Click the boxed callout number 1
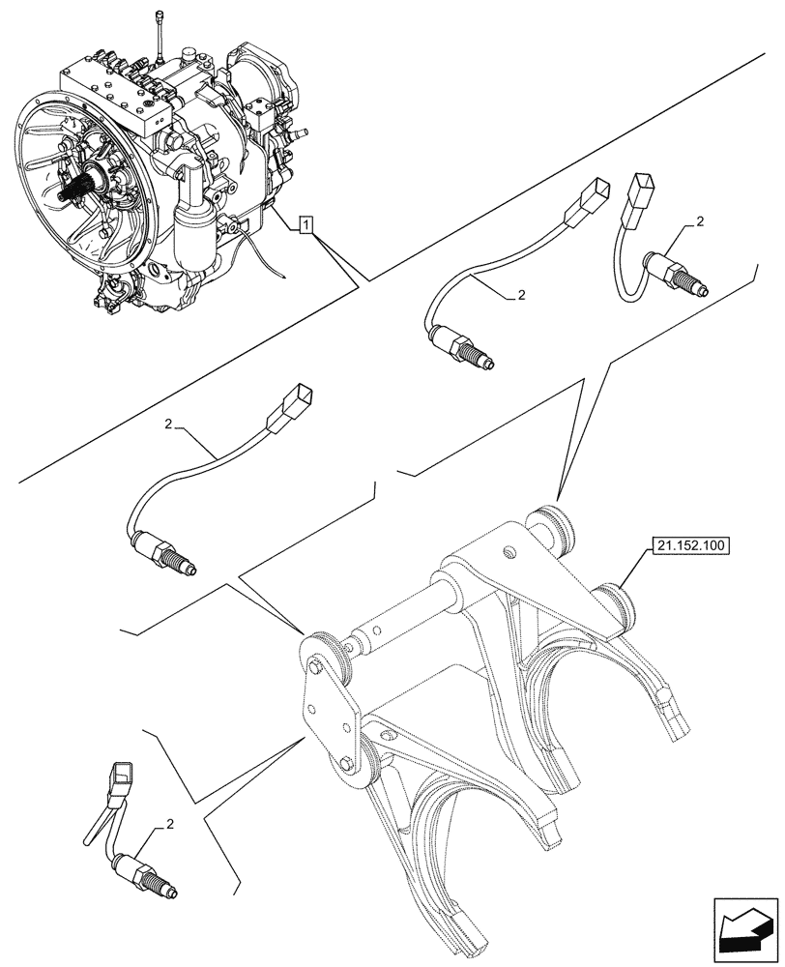(305, 226)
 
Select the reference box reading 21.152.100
(691, 545)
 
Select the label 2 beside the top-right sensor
(700, 222)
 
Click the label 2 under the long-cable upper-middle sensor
(520, 295)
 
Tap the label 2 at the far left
(168, 424)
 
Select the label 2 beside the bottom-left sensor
(170, 825)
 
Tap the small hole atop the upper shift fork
(508, 554)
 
